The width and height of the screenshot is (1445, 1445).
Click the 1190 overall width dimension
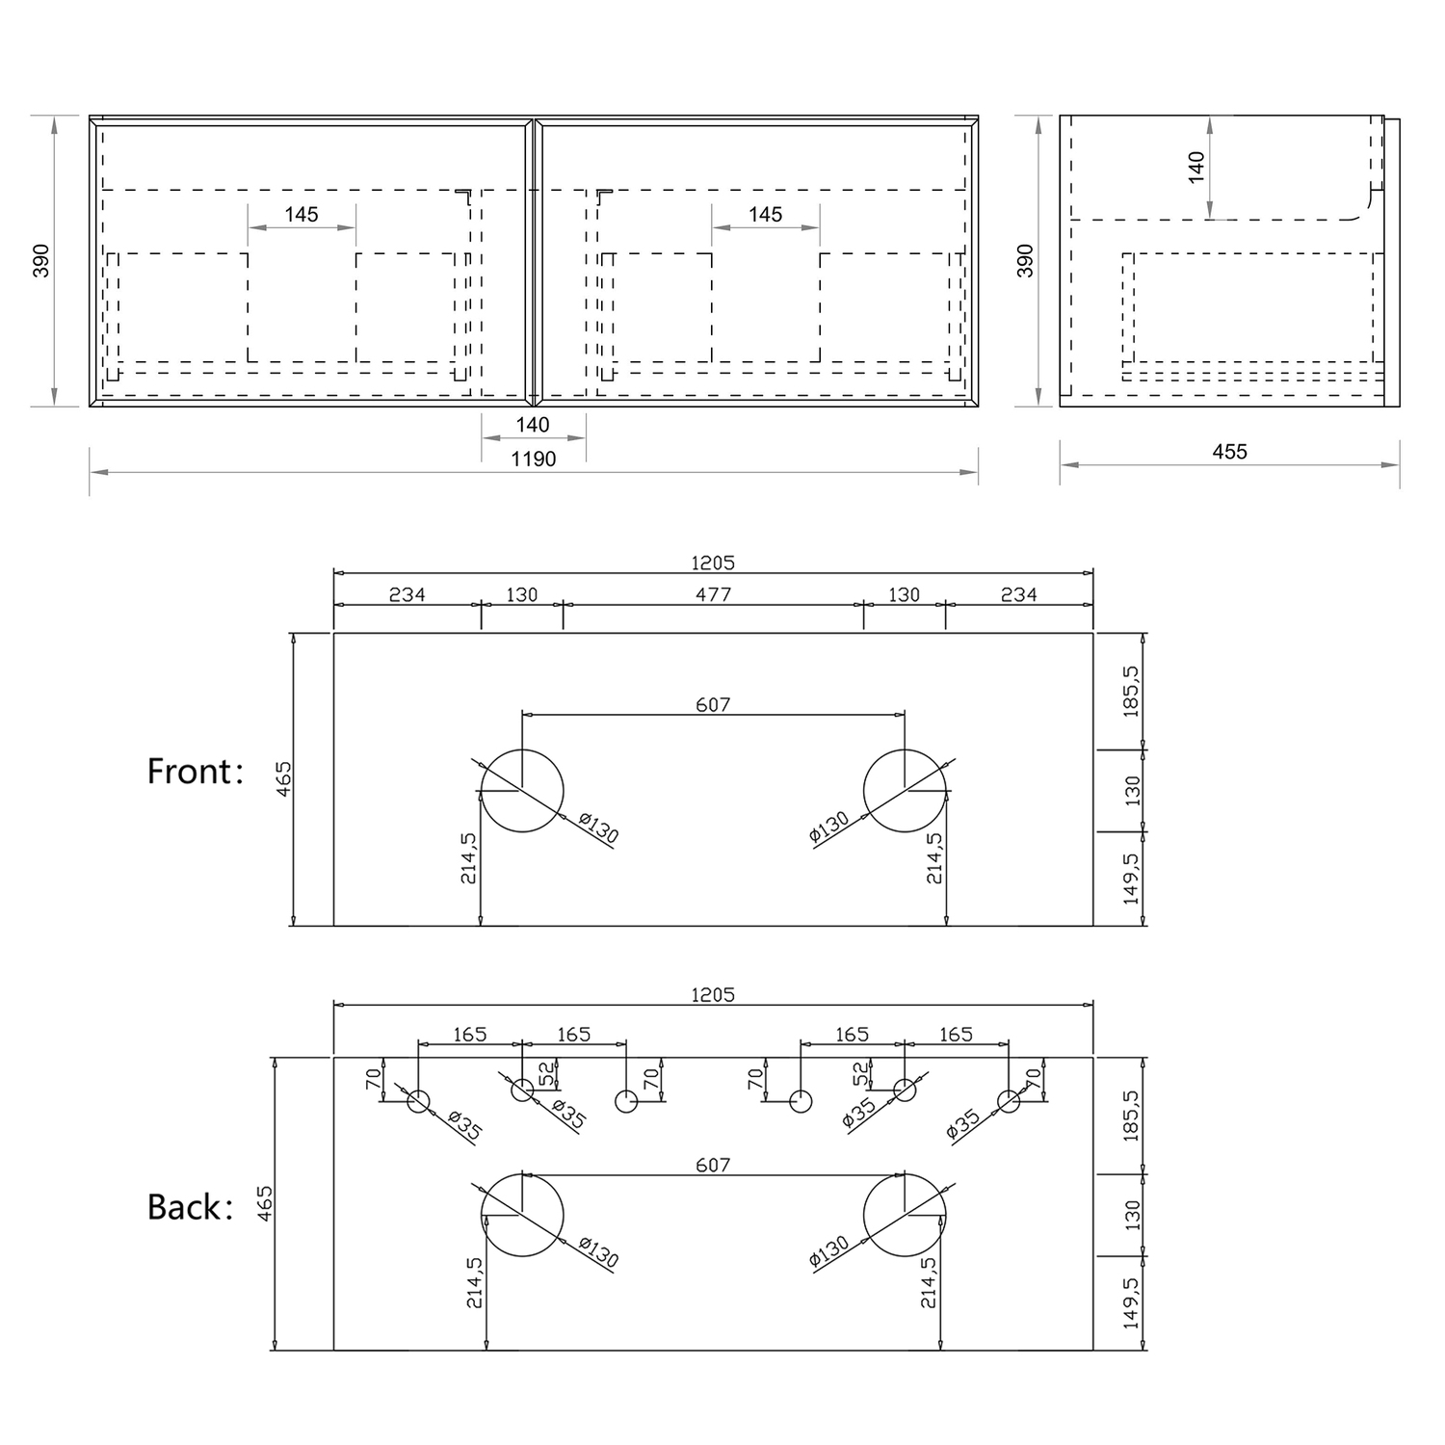point(533,460)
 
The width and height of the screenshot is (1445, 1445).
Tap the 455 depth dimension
point(1230,452)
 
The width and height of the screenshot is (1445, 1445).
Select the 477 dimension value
point(713,594)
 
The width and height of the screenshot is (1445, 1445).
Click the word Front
point(190,772)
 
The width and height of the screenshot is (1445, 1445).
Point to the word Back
point(184,1207)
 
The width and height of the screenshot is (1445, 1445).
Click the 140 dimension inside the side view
point(1195,167)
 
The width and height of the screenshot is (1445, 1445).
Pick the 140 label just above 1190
point(533,425)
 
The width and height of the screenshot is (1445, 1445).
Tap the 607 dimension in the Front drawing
point(713,705)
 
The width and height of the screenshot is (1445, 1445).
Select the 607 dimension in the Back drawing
point(713,1166)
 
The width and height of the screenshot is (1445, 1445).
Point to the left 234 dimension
point(407,594)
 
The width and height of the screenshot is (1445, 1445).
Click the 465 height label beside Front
point(283,778)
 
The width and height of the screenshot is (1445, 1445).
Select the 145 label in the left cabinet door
point(302,215)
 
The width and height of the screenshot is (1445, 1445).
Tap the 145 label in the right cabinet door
point(766,215)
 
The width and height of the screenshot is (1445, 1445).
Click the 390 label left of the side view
point(1025,261)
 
